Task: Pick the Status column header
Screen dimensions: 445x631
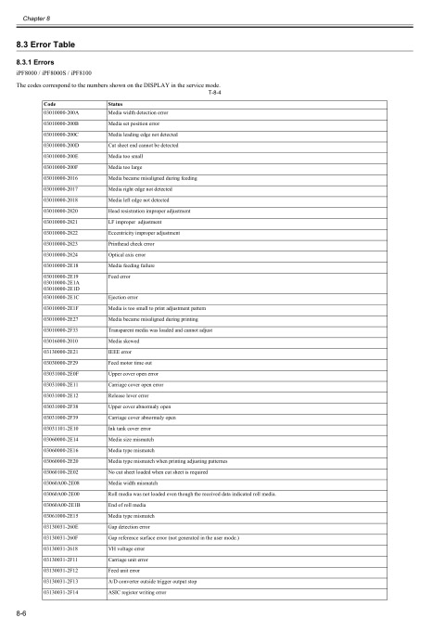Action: (x=117, y=103)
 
